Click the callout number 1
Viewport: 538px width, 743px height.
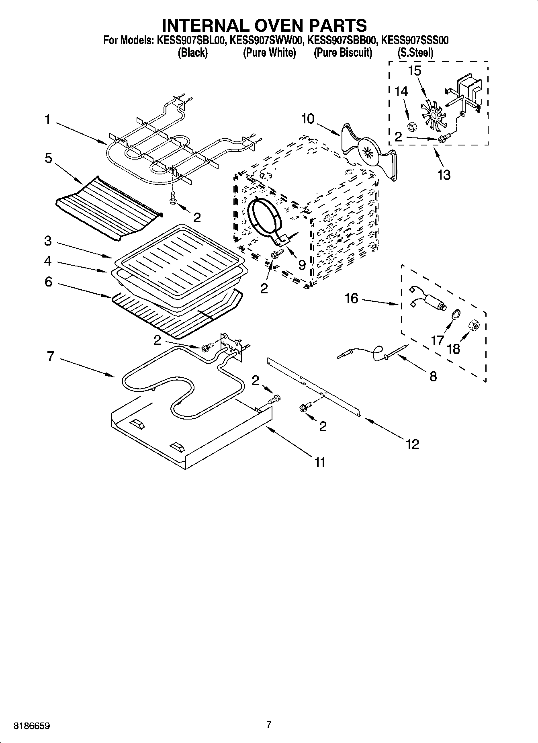(47, 119)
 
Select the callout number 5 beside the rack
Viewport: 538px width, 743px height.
(48, 158)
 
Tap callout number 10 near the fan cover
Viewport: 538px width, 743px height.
(308, 119)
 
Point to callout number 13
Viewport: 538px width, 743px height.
(444, 175)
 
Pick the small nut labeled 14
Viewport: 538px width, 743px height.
(411, 127)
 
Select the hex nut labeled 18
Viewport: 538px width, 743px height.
(473, 325)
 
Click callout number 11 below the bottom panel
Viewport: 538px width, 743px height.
(319, 462)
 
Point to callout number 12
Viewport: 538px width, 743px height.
(412, 444)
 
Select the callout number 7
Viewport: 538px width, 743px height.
(50, 356)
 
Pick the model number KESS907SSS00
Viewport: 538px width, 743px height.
(415, 40)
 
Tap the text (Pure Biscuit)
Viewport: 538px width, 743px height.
(343, 53)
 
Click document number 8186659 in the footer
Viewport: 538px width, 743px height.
(32, 726)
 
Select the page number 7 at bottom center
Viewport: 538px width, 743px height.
(269, 725)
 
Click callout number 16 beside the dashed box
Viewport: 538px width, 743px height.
(351, 299)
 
